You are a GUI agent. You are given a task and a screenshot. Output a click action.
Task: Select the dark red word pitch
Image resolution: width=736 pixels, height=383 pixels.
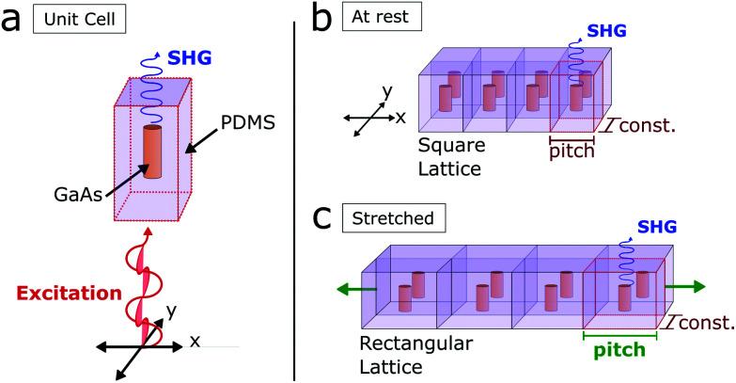coord(572,152)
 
